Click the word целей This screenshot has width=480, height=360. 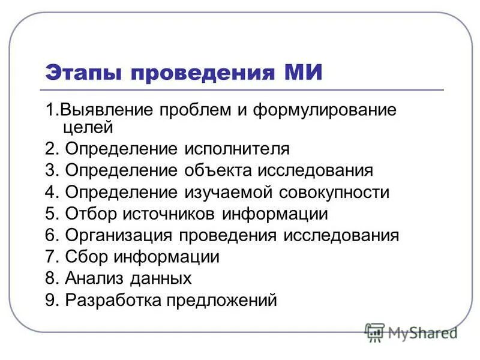87,127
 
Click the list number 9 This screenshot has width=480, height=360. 50,300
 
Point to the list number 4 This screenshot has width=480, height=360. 50,192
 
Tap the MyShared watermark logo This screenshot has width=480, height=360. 411,332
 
